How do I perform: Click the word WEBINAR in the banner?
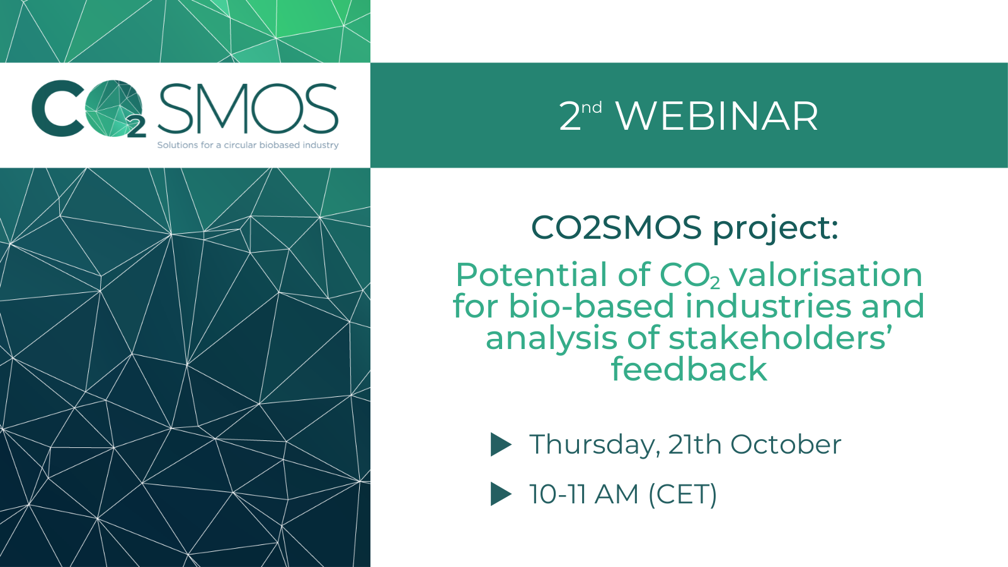[717, 117]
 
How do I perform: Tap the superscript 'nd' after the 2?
[592, 108]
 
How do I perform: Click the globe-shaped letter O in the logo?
[113, 108]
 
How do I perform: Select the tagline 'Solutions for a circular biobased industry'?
[248, 145]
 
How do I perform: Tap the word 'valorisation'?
[826, 275]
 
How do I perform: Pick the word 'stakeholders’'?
[781, 338]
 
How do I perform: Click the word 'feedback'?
[689, 369]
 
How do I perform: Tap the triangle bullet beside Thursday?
[501, 445]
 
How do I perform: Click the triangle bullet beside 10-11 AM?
[501, 494]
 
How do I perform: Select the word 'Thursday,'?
[595, 445]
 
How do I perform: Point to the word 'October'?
[786, 445]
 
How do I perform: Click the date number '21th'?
[695, 445]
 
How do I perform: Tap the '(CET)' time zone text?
[683, 495]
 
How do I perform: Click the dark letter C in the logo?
[57, 108]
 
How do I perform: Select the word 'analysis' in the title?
[551, 339]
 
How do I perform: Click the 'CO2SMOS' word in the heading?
[617, 227]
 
